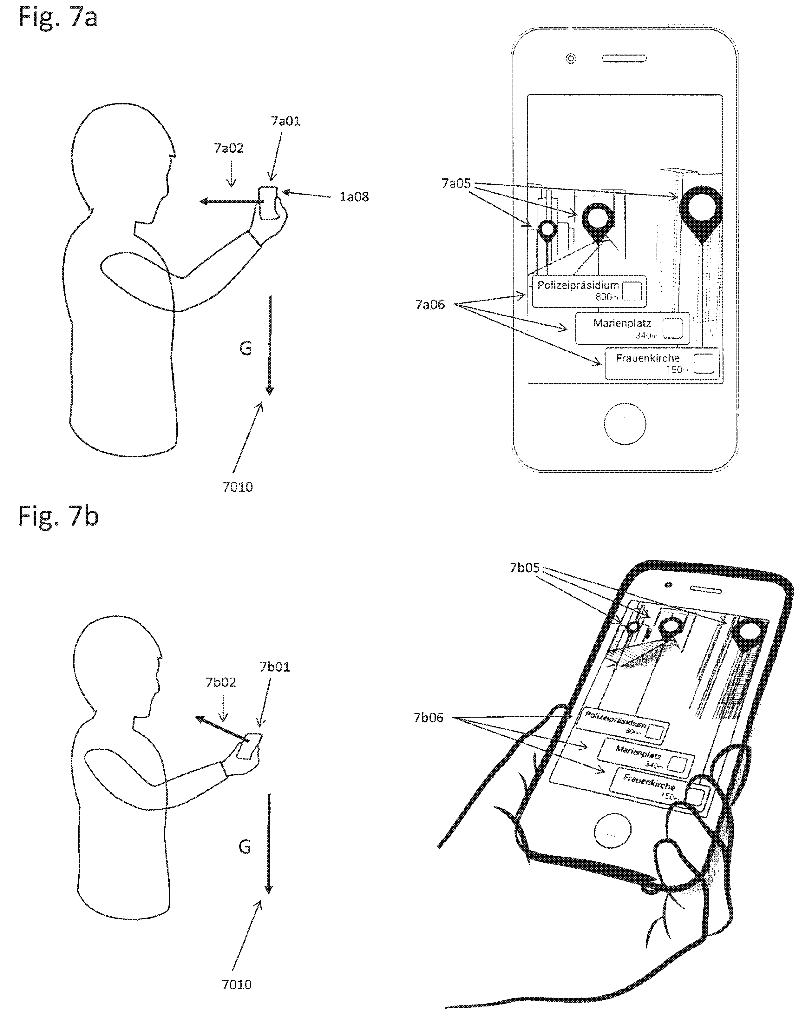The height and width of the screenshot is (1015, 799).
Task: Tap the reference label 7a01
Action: pos(285,121)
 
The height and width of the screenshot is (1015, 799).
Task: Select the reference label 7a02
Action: pos(229,148)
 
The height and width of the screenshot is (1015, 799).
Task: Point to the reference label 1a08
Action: pos(354,197)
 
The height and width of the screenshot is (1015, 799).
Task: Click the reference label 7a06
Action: pos(429,305)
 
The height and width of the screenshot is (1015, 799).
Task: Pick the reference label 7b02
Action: pos(221,682)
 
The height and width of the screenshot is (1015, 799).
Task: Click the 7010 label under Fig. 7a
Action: pos(238,487)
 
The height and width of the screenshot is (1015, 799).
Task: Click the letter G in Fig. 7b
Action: pos(245,846)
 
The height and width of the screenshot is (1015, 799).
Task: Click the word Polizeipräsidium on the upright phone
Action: pos(578,285)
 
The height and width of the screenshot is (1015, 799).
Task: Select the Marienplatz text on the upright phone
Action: pos(622,323)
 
